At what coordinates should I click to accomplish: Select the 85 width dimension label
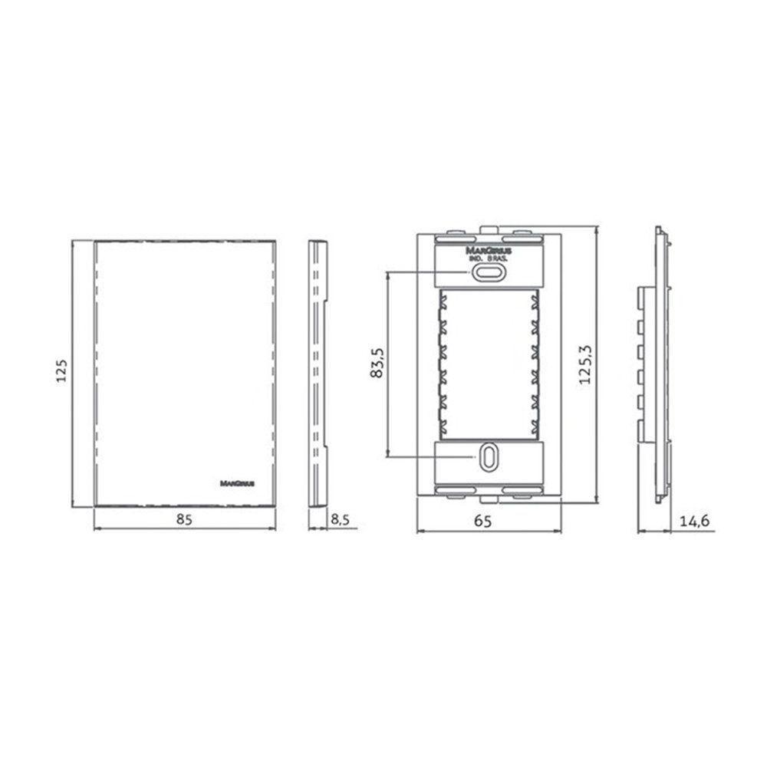183,519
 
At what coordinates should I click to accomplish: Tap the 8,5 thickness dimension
340,519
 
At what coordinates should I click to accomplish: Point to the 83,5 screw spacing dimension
376,363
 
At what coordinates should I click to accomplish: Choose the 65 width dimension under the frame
482,521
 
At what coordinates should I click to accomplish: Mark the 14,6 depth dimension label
694,521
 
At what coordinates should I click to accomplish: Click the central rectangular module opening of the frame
489,364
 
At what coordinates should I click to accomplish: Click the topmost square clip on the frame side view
640,293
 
